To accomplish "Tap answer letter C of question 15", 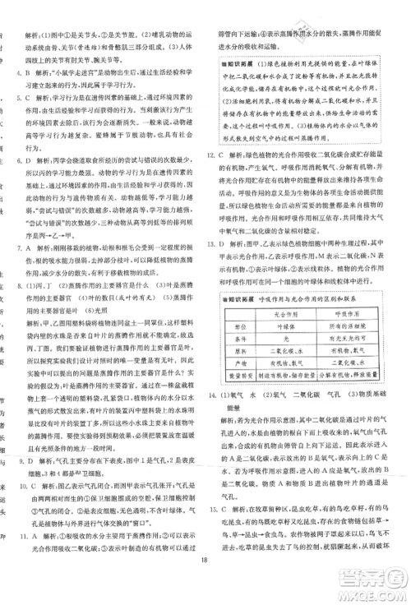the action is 235,502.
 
